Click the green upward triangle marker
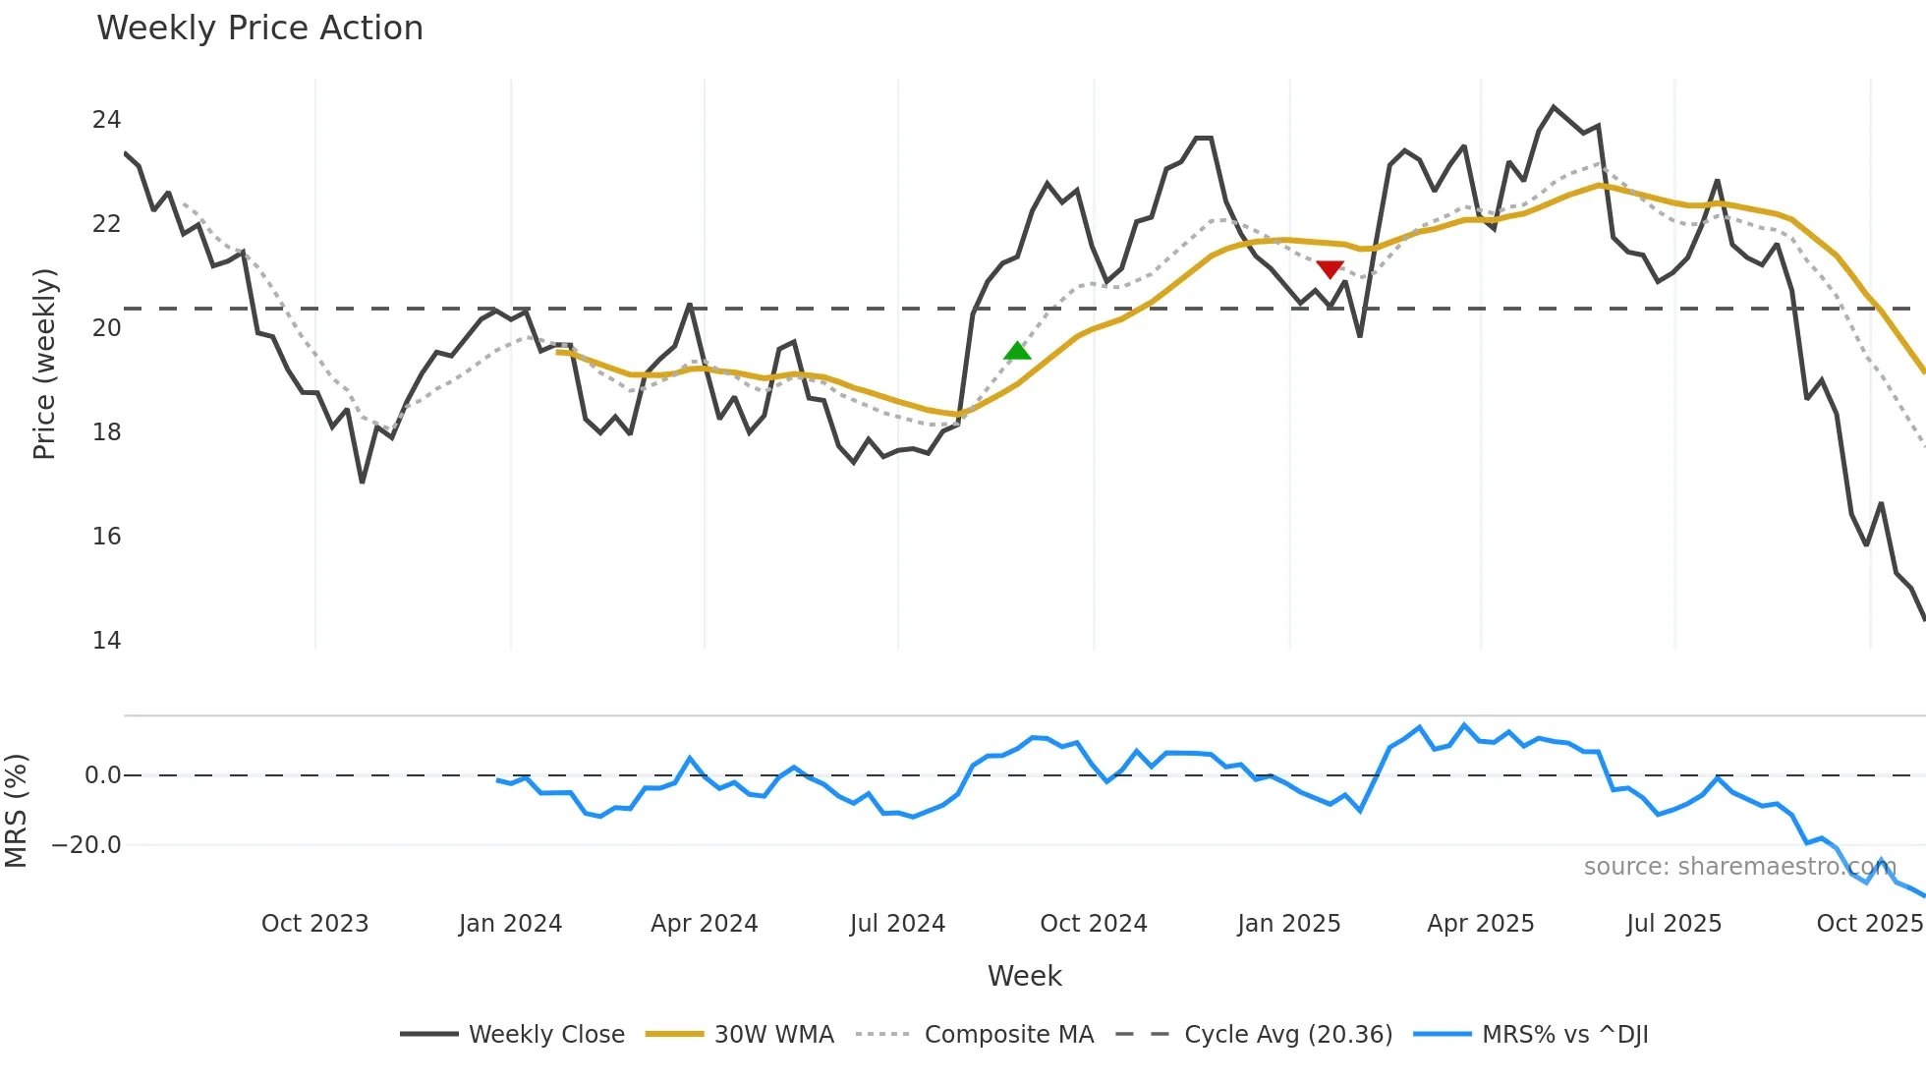tap(1018, 351)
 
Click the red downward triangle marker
tap(1330, 269)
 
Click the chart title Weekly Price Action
tap(259, 28)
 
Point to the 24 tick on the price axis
tap(106, 120)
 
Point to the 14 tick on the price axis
tap(106, 641)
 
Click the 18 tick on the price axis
tap(106, 432)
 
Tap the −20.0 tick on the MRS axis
tap(86, 845)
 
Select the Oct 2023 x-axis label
tap(314, 924)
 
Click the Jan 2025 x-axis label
tap(1288, 924)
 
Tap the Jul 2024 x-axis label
tap(897, 924)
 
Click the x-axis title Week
tap(1024, 976)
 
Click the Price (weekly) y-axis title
tap(44, 364)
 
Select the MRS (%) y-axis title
tap(16, 811)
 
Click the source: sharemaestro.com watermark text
tap(1739, 867)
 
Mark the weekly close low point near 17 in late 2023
tap(363, 482)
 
